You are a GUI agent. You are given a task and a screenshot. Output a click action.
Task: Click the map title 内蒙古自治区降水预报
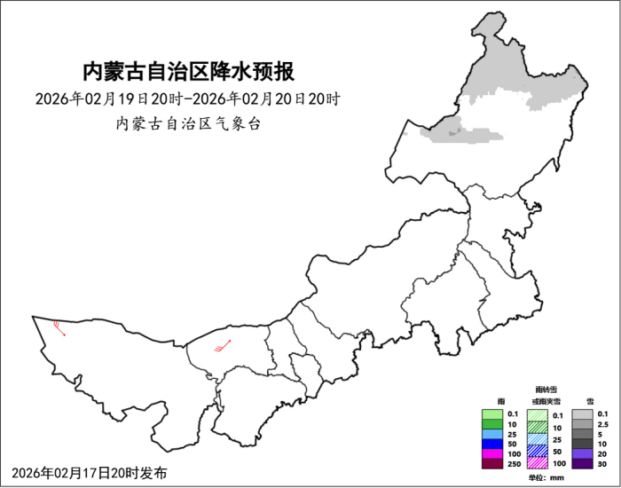tap(188, 71)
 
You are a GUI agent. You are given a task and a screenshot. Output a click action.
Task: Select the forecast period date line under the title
tap(188, 98)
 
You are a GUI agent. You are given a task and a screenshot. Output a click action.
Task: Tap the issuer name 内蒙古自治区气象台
tap(188, 123)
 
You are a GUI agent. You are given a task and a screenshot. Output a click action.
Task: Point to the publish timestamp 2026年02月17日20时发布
tap(90, 472)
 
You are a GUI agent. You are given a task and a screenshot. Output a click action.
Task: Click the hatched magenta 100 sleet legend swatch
tap(538, 463)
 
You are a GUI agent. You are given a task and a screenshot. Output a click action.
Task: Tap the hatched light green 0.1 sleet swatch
tap(538, 414)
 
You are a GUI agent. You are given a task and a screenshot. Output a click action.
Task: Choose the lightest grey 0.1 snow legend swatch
tap(582, 414)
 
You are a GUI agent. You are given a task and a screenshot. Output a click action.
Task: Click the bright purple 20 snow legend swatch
tap(582, 453)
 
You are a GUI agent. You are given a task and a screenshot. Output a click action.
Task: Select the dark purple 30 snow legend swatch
tap(582, 463)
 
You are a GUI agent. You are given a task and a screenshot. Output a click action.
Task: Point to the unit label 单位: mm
tap(545, 478)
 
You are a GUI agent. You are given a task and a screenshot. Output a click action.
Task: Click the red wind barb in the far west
tap(59, 327)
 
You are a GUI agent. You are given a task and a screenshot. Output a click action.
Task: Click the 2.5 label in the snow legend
tap(603, 424)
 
